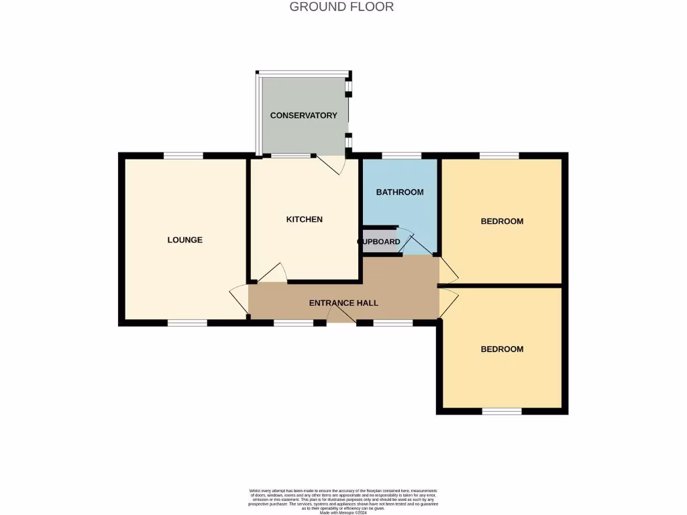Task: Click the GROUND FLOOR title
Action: point(341,7)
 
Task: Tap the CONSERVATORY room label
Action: point(303,115)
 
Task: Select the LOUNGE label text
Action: point(184,240)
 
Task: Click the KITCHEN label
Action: point(304,219)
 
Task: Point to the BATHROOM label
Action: point(399,192)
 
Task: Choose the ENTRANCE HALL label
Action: point(343,303)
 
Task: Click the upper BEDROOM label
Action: point(502,221)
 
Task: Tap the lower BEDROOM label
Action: point(502,349)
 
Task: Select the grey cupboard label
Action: point(380,241)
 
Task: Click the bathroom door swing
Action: point(413,243)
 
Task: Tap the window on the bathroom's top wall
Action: point(401,156)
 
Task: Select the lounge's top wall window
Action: point(183,156)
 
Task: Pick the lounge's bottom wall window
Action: point(187,323)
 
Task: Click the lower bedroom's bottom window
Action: point(501,411)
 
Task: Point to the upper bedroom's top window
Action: point(499,156)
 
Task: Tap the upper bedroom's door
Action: point(449,270)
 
